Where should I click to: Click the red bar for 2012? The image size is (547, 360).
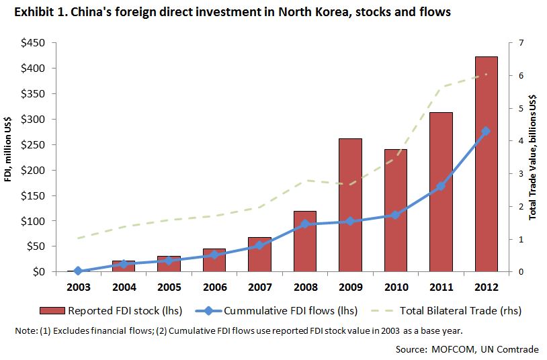point(486,165)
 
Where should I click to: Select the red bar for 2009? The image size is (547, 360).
point(350,206)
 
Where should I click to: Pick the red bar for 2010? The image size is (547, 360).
point(395,211)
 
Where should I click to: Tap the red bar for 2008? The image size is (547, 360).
point(304,242)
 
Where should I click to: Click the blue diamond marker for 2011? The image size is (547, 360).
point(440,186)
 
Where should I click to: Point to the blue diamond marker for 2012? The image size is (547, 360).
point(486,132)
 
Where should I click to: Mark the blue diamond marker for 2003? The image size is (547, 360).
point(77,271)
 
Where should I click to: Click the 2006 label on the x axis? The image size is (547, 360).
point(214,287)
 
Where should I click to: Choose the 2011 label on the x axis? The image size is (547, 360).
point(440,287)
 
